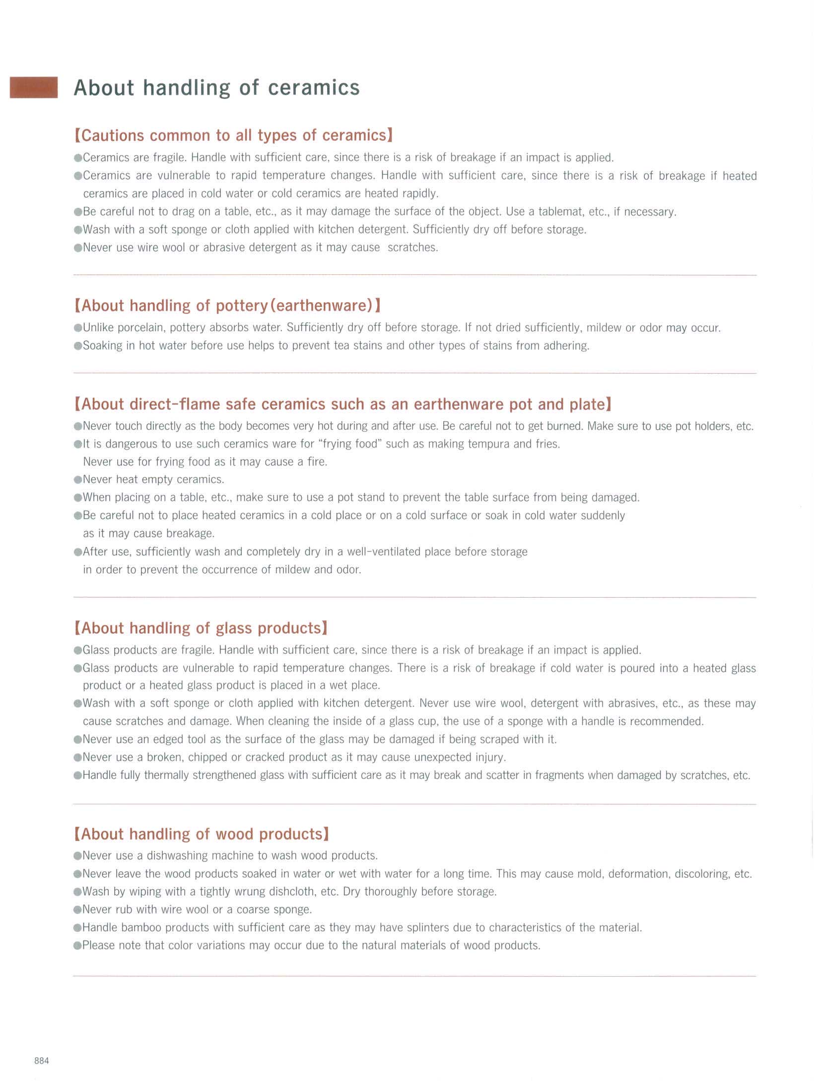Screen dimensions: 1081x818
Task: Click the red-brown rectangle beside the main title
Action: tap(34, 87)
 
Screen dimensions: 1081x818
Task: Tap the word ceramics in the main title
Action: tap(314, 87)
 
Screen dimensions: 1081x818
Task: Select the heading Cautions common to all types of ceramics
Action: tap(233, 135)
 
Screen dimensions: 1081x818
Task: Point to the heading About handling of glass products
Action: tap(201, 628)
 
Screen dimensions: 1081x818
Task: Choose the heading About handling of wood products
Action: tap(202, 834)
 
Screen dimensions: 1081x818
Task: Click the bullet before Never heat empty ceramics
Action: tap(77, 480)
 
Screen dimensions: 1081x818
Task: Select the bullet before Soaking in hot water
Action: tap(77, 346)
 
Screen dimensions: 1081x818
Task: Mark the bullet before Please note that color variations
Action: tap(77, 945)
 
